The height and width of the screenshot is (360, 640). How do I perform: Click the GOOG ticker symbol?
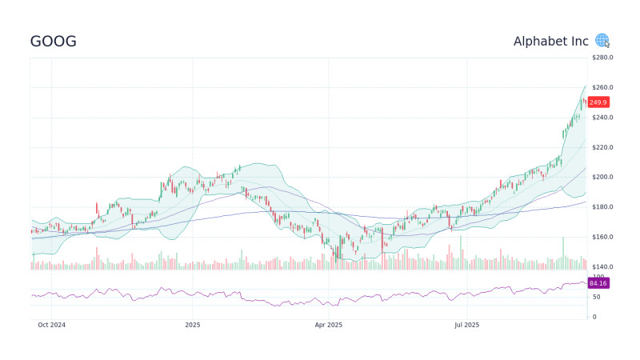tap(54, 42)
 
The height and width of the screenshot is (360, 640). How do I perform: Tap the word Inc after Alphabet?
tap(582, 41)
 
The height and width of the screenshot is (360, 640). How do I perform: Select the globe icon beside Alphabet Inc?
tap(602, 40)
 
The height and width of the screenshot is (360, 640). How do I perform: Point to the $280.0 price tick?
tap(602, 58)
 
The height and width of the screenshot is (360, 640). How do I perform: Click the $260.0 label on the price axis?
tap(602, 87)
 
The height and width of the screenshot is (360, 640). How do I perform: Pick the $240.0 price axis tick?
tap(602, 118)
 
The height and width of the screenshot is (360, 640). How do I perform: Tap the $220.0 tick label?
tap(602, 147)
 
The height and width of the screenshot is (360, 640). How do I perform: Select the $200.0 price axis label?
tap(602, 177)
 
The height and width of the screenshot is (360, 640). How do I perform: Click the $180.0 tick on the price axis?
tap(602, 207)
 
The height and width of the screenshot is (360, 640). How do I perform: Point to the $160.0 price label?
tap(602, 237)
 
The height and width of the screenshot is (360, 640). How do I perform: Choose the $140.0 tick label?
tap(602, 267)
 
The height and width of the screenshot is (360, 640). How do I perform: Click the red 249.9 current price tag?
tap(598, 102)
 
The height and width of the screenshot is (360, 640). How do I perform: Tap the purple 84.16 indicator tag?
tap(598, 283)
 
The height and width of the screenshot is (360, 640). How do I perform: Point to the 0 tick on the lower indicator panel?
tap(593, 317)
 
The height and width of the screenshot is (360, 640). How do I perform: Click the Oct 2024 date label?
tap(51, 325)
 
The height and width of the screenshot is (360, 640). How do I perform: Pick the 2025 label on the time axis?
tap(192, 325)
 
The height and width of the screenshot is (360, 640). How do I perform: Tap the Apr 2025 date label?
tap(329, 325)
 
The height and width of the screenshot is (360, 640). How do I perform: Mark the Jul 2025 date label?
tap(466, 325)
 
